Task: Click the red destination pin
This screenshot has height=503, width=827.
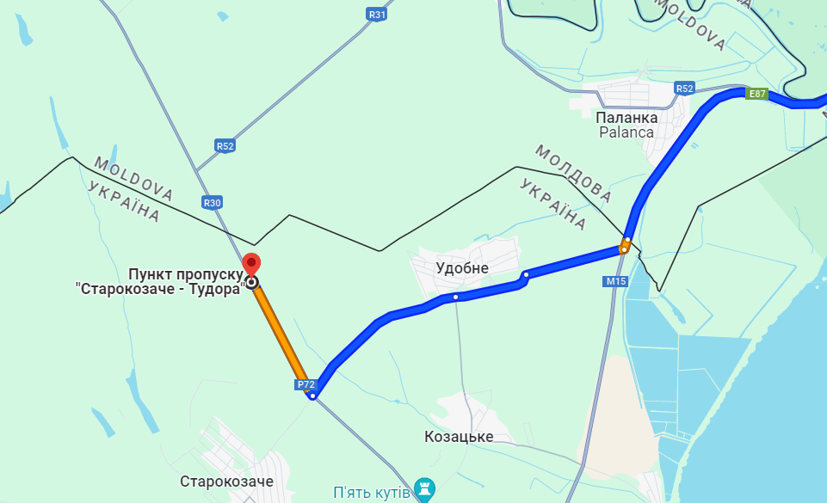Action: pos(251,265)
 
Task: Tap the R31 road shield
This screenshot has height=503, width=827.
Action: pos(376,14)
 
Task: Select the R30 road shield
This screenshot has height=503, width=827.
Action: pos(213,203)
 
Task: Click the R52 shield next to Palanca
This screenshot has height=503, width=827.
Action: pos(684,89)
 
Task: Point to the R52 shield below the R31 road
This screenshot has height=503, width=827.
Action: pos(225,146)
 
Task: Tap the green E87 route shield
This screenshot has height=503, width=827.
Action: pos(756,94)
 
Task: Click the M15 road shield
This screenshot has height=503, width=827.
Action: pos(615,281)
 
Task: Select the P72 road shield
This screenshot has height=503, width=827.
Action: pos(305,384)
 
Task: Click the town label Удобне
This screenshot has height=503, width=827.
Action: pos(462,268)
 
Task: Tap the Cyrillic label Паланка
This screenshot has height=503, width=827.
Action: pos(627,117)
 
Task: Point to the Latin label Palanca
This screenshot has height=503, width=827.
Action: pos(627,132)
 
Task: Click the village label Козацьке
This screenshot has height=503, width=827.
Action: pos(459,437)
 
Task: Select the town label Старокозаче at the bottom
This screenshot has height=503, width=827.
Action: pos(226,482)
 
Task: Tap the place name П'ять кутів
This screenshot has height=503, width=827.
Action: pos(370,492)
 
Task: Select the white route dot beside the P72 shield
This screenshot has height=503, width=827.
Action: pos(312,396)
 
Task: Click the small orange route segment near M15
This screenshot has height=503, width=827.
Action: pos(625,248)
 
